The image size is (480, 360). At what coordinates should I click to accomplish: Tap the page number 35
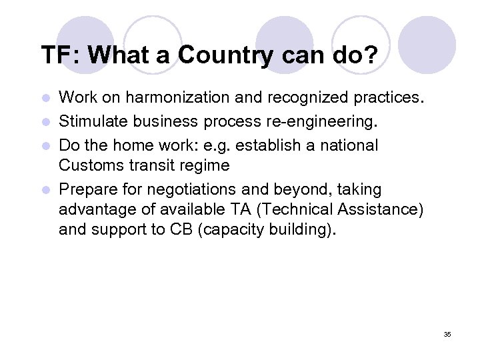(x=447, y=334)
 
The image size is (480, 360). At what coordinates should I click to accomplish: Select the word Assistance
(x=380, y=209)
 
